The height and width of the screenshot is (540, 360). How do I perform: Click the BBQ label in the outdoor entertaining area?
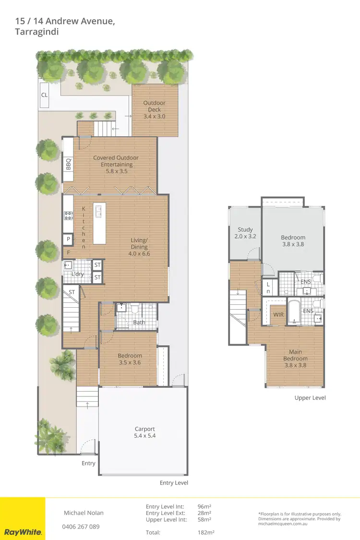(x=68, y=164)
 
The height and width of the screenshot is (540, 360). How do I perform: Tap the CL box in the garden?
(x=44, y=95)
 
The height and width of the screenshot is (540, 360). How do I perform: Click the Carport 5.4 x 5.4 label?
(x=144, y=432)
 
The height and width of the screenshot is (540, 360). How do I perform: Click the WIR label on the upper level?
(x=278, y=315)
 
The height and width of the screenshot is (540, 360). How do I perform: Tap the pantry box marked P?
(x=68, y=239)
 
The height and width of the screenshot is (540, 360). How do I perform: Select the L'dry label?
(x=78, y=274)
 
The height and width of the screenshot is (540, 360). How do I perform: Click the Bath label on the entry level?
(x=139, y=322)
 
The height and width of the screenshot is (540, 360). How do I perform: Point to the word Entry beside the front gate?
(x=88, y=463)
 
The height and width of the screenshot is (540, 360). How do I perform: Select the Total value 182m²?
(x=206, y=532)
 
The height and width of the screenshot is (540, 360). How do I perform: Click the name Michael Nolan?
(x=84, y=513)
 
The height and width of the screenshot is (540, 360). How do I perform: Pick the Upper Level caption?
(x=310, y=398)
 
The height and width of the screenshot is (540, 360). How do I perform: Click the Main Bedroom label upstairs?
(x=295, y=359)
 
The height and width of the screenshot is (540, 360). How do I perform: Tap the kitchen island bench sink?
(x=100, y=210)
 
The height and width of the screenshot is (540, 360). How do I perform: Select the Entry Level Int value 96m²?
(x=205, y=506)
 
